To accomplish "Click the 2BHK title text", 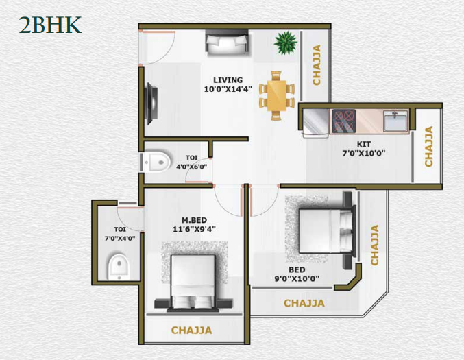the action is (x=50, y=25).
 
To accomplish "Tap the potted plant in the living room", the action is (x=285, y=43).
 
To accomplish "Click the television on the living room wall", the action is (x=152, y=104).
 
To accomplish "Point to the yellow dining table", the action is (x=277, y=95).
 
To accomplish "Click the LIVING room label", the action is (x=228, y=80).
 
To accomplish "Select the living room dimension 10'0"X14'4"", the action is (x=228, y=88).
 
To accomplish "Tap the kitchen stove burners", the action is (x=343, y=121).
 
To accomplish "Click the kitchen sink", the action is (x=396, y=121).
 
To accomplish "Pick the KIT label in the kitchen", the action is (x=364, y=144).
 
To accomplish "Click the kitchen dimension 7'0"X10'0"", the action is (x=364, y=153).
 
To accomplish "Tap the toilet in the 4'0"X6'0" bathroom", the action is (x=156, y=162).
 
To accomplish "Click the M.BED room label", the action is (x=194, y=220).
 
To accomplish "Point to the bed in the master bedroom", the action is (x=193, y=283).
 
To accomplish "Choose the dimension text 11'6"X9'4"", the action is (x=194, y=229).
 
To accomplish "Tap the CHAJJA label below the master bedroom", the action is (x=191, y=330).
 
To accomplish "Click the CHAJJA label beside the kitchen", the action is (x=429, y=146).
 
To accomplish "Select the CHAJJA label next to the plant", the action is (x=317, y=65).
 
